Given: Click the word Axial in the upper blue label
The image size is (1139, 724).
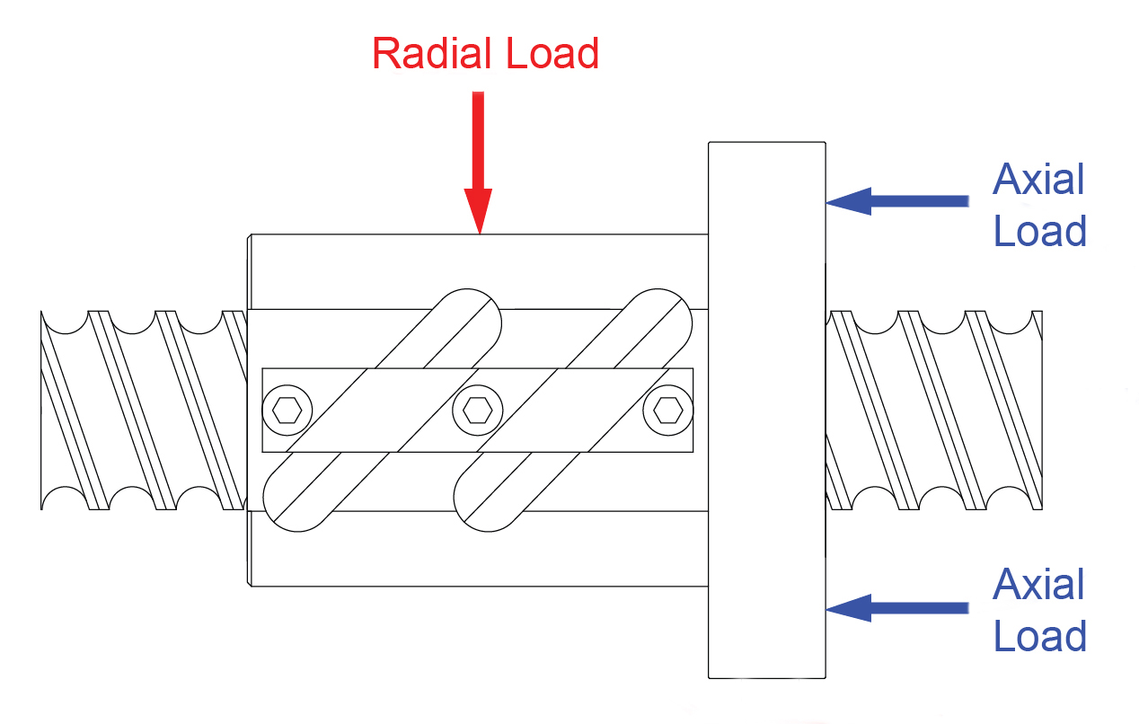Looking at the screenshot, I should (1038, 181).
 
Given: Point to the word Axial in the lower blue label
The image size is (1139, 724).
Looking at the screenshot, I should (1038, 586).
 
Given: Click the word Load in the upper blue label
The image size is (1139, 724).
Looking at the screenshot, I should (1039, 231).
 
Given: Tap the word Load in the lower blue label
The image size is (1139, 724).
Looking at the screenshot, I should (1039, 636).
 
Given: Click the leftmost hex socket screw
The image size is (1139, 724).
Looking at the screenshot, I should (287, 411).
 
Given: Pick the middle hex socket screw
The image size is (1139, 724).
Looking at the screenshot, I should (478, 411).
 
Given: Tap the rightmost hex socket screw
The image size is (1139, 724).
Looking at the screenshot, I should (667, 411).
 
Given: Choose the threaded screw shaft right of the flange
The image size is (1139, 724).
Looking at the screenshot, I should (934, 410).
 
